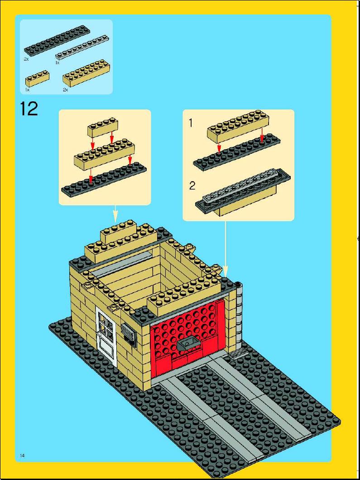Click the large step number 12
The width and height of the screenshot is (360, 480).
pos(29,109)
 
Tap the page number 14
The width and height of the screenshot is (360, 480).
pos(22,456)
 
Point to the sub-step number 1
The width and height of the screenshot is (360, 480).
pos(191,123)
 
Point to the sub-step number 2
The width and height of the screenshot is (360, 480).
pos(192,186)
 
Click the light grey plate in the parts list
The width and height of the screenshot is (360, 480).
pos(82,47)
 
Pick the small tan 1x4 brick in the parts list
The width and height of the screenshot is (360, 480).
pos(37,78)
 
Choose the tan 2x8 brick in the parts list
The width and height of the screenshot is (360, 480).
pos(86,72)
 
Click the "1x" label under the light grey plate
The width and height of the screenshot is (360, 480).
pos(58,62)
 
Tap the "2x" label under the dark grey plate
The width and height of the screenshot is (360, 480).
pos(26,59)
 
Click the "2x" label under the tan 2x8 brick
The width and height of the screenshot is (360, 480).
pos(65,90)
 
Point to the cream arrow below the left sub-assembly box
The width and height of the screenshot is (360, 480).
pos(115,214)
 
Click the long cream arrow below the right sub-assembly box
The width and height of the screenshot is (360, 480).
pos(226,249)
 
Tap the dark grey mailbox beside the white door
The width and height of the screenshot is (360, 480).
pos(129,335)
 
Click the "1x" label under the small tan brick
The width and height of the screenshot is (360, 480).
pos(27,90)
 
